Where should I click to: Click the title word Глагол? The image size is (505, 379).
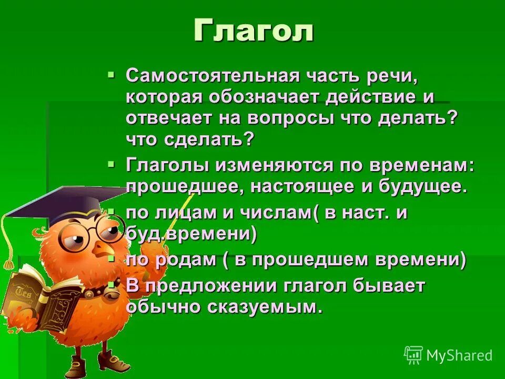[x=253, y=31]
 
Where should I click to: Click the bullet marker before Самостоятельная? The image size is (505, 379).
[x=111, y=75]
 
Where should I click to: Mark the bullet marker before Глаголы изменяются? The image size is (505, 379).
[x=111, y=164]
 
